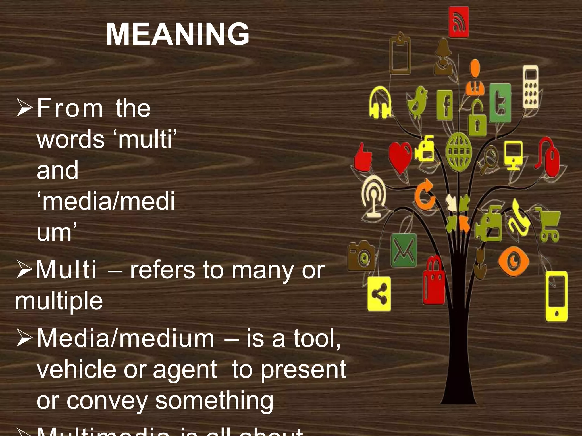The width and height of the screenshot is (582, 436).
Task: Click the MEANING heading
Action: (178, 34)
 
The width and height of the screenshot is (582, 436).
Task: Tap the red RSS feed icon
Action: (458, 22)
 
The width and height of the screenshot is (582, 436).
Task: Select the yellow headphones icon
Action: (380, 102)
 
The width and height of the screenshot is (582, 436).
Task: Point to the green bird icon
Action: (417, 102)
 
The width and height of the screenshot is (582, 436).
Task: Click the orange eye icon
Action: (514, 261)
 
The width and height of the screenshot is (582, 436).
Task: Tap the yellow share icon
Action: (379, 294)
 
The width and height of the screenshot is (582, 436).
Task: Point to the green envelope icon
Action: (404, 251)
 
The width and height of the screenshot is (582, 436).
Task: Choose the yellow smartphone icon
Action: (556, 296)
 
